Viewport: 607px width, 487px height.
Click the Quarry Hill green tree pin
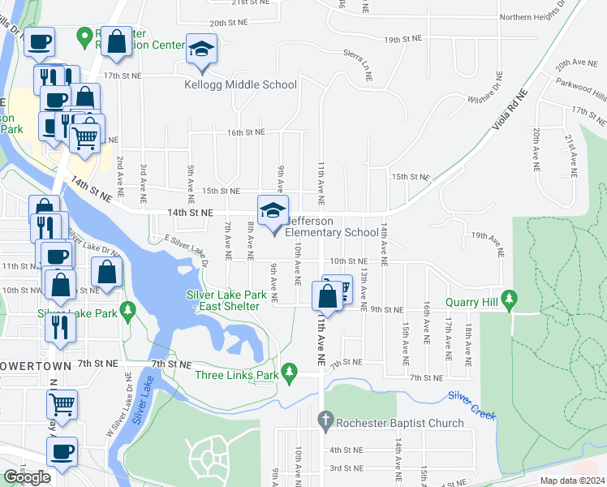coord(509,300)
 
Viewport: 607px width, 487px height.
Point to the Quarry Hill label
coord(471,301)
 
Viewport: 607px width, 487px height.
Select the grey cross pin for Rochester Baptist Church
coord(323,420)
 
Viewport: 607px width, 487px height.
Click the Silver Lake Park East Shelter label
coord(223,300)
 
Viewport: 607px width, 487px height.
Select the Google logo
coord(27,477)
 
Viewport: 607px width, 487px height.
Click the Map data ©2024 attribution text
coord(571,481)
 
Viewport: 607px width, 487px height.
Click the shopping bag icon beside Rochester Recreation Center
coord(117,45)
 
